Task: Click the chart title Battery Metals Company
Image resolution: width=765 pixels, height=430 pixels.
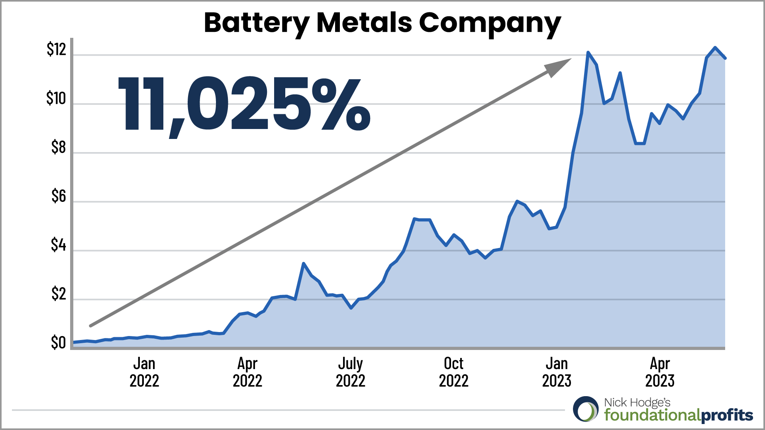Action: coord(382,23)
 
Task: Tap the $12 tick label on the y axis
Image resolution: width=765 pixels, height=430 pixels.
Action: coord(56,49)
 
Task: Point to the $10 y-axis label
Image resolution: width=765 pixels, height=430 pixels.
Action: coord(56,98)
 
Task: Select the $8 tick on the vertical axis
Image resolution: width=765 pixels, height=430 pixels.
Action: coord(58,147)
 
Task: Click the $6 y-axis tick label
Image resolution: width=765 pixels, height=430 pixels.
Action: coord(58,196)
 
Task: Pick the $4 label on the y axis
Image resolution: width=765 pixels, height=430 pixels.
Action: coord(58,245)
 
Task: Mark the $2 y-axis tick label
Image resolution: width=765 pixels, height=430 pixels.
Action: coord(58,294)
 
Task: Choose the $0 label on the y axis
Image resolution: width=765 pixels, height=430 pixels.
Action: coord(58,343)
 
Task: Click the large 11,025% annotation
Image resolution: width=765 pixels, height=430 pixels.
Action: coord(244,105)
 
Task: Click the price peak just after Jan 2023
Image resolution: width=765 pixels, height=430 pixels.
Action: coord(588,52)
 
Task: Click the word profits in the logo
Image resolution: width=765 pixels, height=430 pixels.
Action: coord(727,416)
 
